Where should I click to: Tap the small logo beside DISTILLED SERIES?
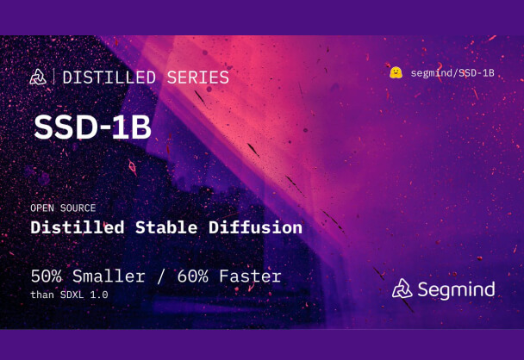coord(38,78)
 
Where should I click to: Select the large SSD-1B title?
coord(92,126)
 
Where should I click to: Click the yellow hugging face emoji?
coord(396,73)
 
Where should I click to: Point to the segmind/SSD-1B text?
coord(452,73)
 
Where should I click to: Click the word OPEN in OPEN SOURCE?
coord(43,208)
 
